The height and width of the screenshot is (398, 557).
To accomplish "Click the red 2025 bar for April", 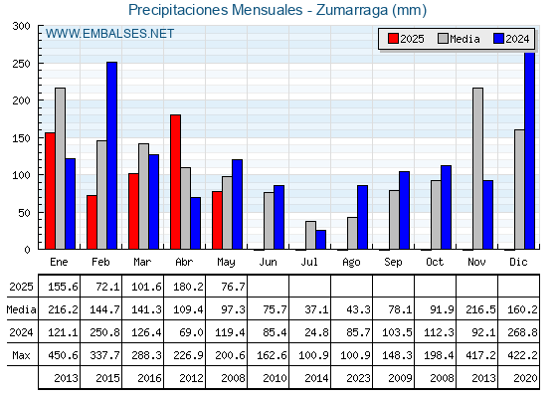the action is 175,182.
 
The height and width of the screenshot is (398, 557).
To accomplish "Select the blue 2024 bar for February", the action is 111,155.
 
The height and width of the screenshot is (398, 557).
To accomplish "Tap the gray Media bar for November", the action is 477,168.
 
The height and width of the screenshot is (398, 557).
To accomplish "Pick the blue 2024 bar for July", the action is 321,240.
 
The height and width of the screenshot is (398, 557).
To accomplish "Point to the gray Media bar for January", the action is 60,168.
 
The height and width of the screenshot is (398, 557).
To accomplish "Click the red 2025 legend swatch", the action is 393,39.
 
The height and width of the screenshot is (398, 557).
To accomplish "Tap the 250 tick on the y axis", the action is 21,64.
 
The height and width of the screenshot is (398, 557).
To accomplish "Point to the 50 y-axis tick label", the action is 25,213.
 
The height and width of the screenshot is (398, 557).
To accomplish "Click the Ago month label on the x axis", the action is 351,263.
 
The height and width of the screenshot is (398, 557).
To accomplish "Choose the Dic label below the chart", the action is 518,262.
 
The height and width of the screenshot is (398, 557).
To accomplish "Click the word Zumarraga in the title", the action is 352,10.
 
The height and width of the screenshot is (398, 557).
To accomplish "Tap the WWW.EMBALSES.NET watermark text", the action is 109,34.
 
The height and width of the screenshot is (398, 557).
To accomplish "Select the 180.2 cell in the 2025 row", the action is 188,287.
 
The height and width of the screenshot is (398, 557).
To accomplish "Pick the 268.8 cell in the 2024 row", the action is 522,332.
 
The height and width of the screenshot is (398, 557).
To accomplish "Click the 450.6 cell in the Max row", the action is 63,355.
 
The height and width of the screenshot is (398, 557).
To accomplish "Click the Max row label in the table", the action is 21,355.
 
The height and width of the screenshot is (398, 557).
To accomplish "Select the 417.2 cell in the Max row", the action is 480,355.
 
